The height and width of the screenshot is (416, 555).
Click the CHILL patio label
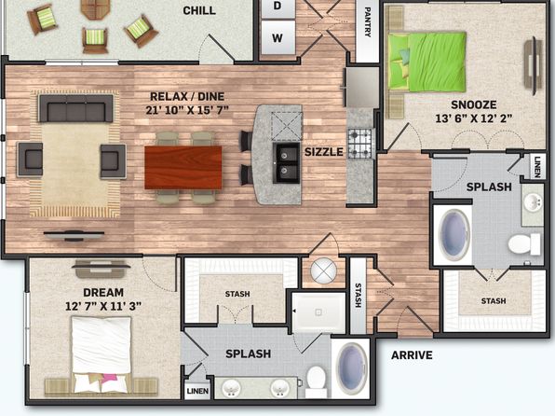[199, 10]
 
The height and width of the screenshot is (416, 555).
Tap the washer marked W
[277, 37]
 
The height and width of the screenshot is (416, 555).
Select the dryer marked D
[277, 7]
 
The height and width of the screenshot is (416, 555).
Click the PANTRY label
[368, 22]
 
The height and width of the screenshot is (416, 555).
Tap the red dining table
[183, 167]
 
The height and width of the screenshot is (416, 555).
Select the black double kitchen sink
[286, 163]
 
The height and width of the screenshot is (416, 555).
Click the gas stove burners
[360, 144]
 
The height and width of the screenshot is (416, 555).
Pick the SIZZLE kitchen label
[324, 152]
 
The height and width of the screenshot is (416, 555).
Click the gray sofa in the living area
[75, 108]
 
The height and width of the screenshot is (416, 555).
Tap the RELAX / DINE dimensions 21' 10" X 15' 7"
[187, 110]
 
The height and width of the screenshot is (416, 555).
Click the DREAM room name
[103, 293]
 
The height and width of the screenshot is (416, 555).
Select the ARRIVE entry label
[412, 355]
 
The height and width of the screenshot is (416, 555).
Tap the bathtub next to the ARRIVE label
[352, 367]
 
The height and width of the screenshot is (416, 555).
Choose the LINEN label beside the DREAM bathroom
[197, 391]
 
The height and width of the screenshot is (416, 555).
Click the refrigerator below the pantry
[361, 88]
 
